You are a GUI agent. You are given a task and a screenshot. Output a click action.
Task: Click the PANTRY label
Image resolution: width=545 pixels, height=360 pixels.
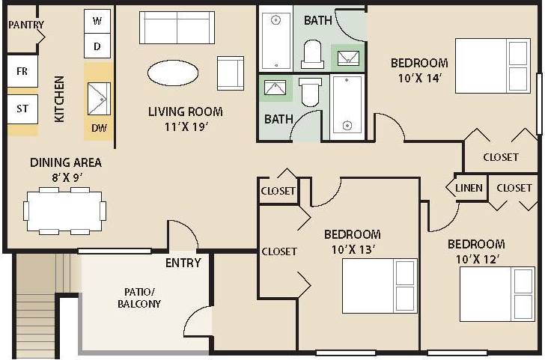click(x=26, y=25)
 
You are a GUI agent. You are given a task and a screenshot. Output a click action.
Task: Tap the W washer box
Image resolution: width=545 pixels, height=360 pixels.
click(x=97, y=21)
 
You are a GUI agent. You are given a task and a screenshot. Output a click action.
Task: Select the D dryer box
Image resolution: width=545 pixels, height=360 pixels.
click(x=97, y=46)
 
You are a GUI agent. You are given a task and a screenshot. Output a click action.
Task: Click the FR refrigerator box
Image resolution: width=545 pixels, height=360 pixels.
click(x=22, y=72)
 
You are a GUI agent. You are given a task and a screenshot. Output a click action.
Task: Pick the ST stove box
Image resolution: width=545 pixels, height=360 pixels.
click(x=22, y=109)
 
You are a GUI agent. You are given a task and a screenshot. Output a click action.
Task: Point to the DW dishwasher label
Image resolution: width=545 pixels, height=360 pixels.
click(x=99, y=128)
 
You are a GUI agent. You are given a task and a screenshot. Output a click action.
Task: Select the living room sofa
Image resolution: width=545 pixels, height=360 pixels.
click(x=177, y=28)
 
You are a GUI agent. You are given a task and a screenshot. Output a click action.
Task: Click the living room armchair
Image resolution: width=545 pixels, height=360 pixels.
click(x=230, y=73)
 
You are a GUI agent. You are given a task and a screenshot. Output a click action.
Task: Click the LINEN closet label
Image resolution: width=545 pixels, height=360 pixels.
click(x=469, y=188)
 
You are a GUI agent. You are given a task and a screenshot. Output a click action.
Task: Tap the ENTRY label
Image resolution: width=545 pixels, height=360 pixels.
click(x=183, y=263)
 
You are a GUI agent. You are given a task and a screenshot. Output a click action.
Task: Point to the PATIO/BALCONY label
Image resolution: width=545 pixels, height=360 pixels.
click(x=138, y=298)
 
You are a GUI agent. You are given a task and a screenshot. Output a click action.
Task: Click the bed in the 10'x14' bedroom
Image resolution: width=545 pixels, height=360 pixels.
click(x=492, y=66)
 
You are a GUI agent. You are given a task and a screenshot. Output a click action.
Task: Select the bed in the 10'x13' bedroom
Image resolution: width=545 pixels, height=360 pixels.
click(x=380, y=285)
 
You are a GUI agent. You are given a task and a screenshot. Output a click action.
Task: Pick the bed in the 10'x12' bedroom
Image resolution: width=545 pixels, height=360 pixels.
click(x=496, y=294)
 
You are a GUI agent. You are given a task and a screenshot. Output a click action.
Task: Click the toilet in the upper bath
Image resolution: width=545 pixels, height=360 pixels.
click(x=312, y=55)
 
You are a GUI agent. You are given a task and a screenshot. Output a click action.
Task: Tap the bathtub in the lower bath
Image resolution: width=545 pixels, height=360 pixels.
click(x=347, y=106)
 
